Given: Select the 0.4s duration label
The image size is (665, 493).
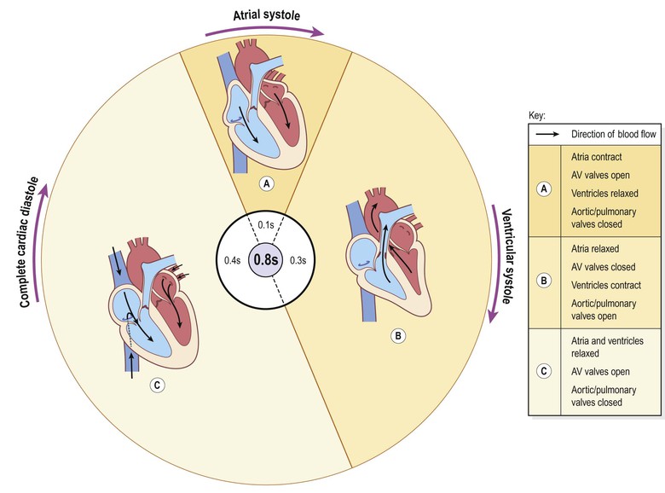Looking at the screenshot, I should point(231,259).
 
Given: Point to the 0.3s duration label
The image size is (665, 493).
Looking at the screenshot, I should point(299,259).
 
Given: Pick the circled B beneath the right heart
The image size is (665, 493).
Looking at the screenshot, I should point(397,336).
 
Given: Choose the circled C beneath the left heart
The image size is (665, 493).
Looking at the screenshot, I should point(156,384).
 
